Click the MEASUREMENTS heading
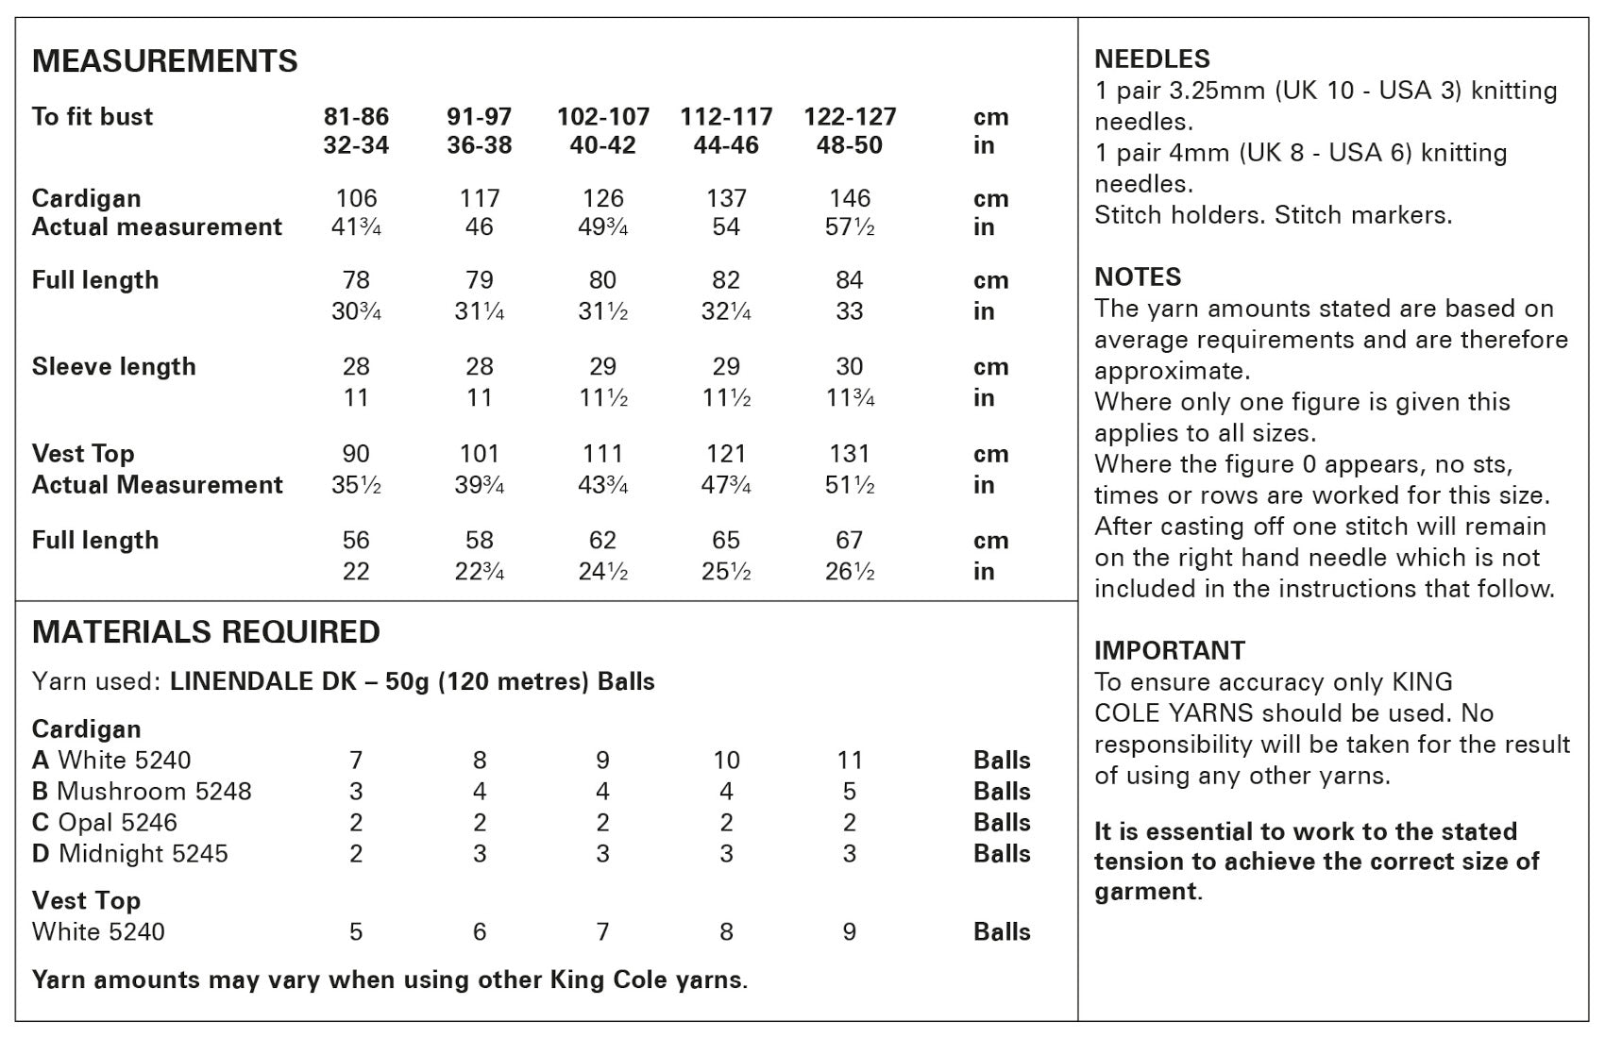165,61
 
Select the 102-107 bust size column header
603,117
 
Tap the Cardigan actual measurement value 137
726,198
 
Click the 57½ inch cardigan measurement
850,227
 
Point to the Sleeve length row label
114,366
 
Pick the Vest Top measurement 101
480,454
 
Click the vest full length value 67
850,540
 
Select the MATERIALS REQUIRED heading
207,632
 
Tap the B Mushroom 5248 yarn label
142,791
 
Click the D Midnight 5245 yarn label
130,853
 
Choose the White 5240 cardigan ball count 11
850,760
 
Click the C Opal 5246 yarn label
105,822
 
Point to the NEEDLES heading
1152,59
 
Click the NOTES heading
1138,276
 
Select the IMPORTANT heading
1170,650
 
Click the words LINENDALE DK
261,681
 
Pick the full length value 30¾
356,311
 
